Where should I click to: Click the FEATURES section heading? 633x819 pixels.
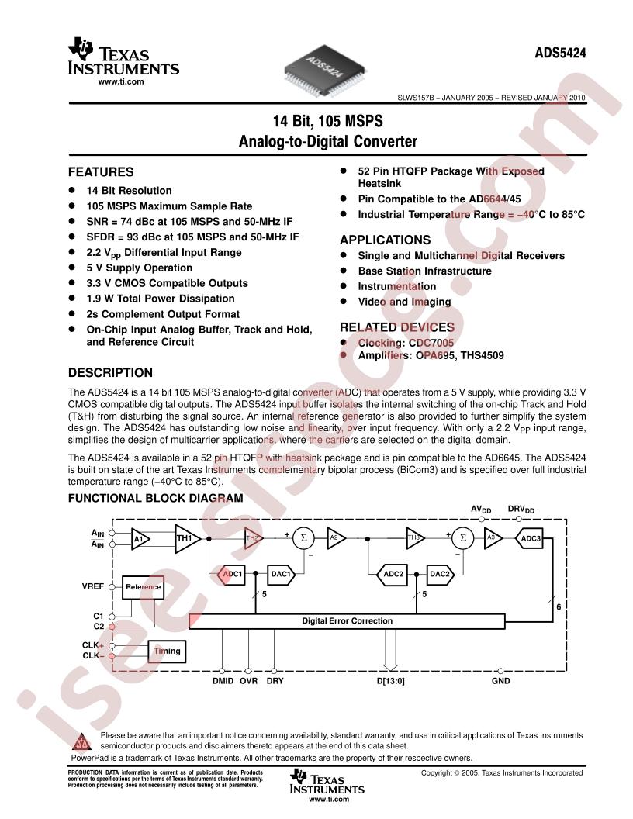point(101,172)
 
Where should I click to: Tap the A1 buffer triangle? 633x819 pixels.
point(140,538)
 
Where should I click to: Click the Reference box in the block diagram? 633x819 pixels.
point(143,587)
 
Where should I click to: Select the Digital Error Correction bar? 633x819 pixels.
point(347,621)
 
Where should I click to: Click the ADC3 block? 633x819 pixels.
point(531,538)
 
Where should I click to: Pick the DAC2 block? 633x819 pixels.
point(439,575)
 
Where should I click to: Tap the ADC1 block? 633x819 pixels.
point(233,575)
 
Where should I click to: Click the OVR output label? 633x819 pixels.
point(248,682)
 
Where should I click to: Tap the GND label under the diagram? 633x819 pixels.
point(501,682)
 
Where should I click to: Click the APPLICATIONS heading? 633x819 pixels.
point(385,240)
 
